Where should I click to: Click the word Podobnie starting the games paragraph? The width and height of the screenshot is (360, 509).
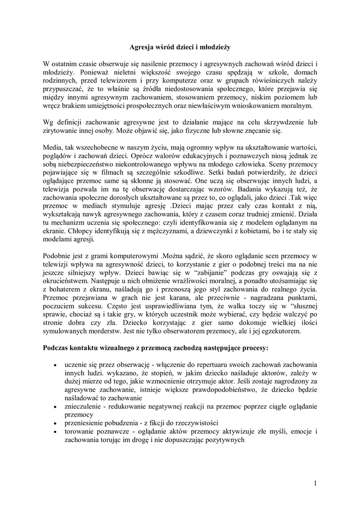point(58,255)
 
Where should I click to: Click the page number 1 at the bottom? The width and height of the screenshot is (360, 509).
point(315,483)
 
